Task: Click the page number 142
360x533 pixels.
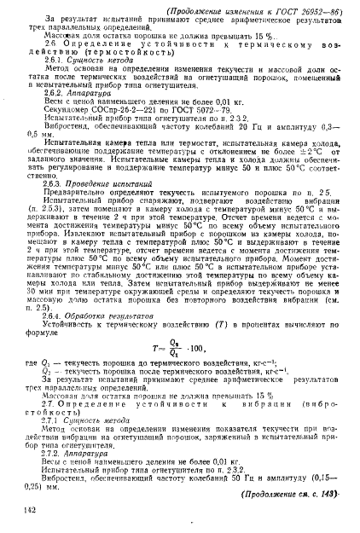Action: point(32,509)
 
